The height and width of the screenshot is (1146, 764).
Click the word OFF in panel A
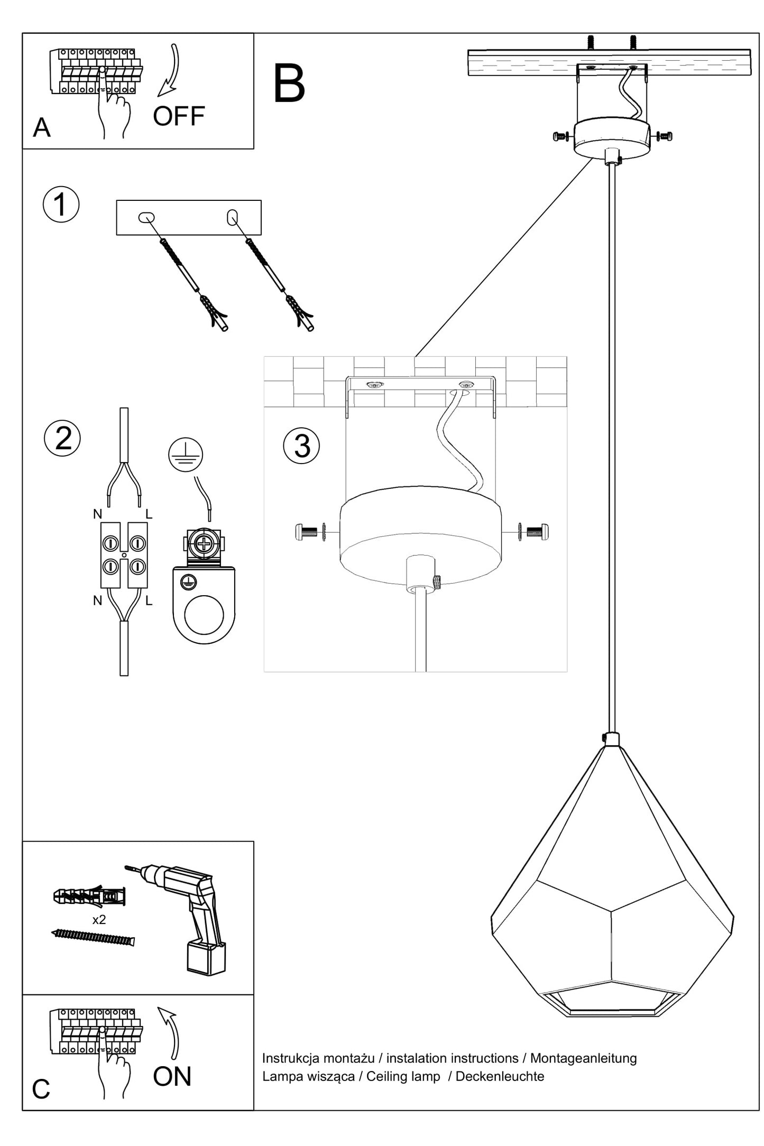(x=179, y=116)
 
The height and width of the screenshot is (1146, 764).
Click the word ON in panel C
(x=172, y=1077)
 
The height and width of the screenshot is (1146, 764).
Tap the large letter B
(x=289, y=84)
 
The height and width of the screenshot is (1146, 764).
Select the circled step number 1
(x=61, y=205)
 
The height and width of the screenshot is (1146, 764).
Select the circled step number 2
(x=62, y=438)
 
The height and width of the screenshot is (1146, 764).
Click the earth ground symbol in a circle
(x=186, y=455)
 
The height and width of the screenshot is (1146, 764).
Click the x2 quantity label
(x=99, y=920)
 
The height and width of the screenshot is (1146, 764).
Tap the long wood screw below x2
(x=94, y=937)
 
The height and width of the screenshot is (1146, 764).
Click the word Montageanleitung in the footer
(x=583, y=1058)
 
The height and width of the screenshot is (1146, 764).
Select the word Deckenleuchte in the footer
(x=500, y=1076)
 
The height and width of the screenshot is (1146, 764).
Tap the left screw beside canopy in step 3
(x=309, y=531)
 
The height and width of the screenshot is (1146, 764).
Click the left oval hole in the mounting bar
(x=146, y=217)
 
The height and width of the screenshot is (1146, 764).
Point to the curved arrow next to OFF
(x=170, y=71)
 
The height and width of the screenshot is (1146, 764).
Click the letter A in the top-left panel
(x=42, y=128)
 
